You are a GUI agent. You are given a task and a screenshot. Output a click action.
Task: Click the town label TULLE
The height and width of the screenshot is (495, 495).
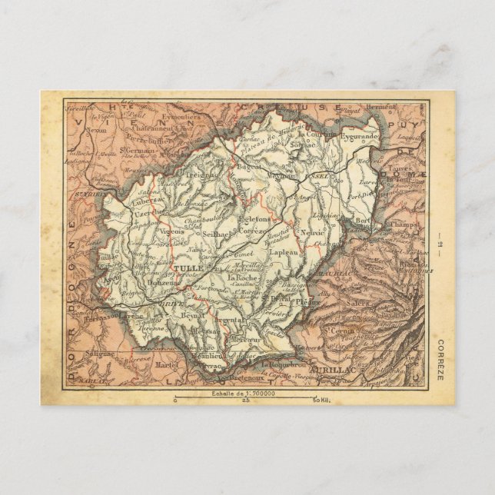(x=187, y=268)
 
